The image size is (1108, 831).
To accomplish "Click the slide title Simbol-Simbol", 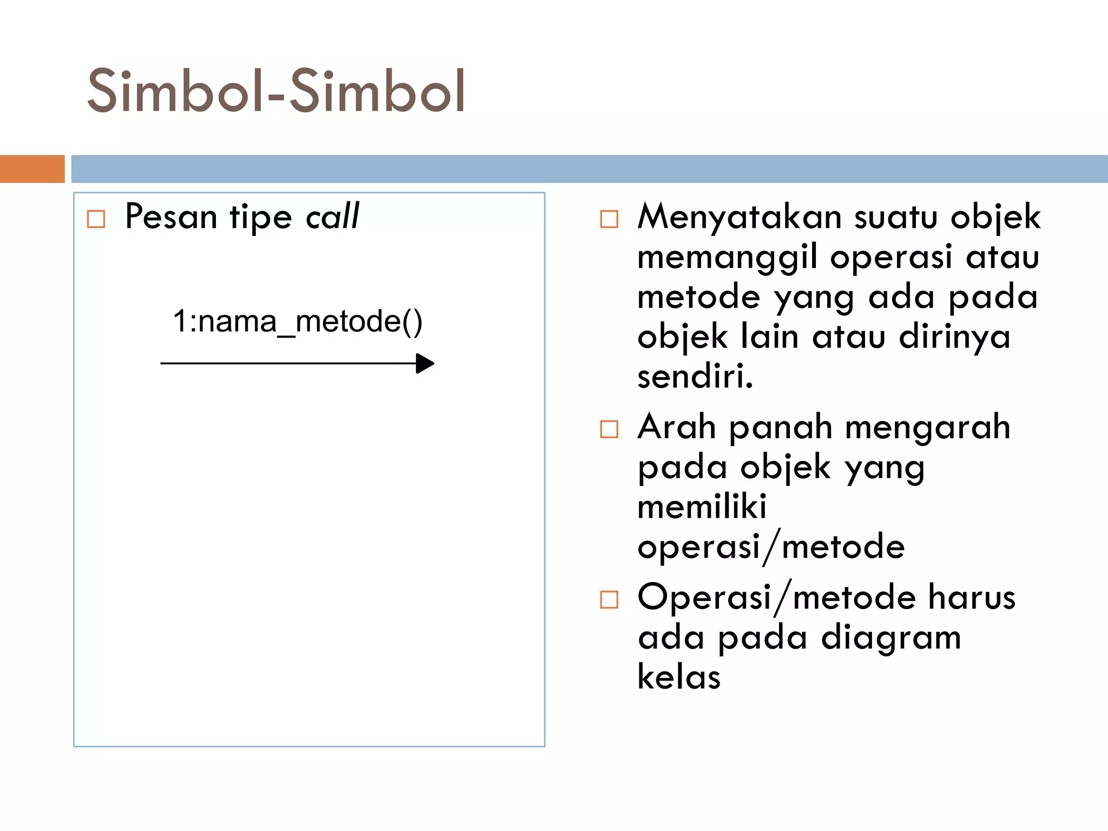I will click(x=276, y=91).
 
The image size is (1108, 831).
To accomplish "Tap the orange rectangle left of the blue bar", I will click(x=32, y=169).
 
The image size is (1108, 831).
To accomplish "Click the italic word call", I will click(x=332, y=216).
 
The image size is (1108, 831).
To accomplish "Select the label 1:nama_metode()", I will click(x=297, y=321).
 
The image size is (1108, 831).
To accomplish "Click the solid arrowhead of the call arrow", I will click(x=425, y=364).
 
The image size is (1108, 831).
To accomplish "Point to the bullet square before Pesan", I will click(x=96, y=219).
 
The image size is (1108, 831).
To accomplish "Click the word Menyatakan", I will click(x=739, y=217).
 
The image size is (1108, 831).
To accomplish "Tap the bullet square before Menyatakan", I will click(x=609, y=219).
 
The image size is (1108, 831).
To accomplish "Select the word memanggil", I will click(x=727, y=258).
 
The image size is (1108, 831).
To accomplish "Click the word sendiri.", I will click(x=695, y=377).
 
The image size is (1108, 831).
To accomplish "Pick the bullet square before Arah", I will click(x=609, y=429).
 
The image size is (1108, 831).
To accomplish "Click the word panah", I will click(x=780, y=427).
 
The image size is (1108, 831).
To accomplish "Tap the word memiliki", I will click(x=702, y=507).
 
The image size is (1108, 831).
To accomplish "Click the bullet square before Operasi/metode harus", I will click(x=609, y=599).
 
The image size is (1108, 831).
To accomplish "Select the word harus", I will click(x=972, y=597).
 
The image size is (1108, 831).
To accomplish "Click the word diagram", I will click(x=891, y=638).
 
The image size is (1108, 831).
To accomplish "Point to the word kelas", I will click(x=679, y=677).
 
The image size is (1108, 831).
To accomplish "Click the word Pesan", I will click(x=171, y=216).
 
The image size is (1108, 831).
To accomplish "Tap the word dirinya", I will click(x=954, y=337).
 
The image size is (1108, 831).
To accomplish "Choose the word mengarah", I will click(x=927, y=427).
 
